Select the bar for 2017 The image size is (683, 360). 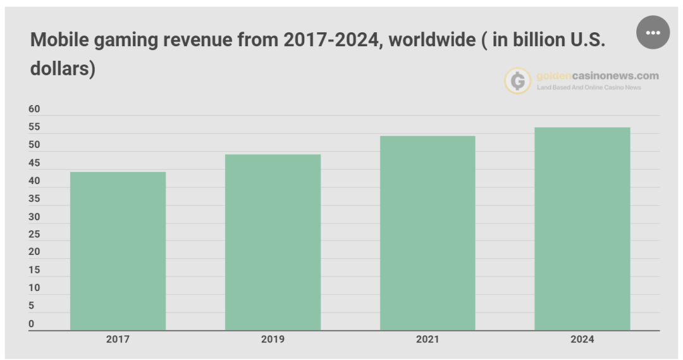coord(118,251)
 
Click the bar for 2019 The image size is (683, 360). coord(273,242)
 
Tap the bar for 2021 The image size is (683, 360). coord(428,233)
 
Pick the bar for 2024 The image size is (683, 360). coord(582,228)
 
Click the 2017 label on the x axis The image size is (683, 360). coord(118,340)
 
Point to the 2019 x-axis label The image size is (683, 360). coord(273,340)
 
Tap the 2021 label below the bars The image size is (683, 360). coord(428,340)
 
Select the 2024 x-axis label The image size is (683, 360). coord(582,340)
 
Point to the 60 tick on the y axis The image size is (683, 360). coord(34,109)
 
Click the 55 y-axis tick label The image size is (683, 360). coord(34,127)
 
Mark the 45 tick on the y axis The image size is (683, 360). coord(34,163)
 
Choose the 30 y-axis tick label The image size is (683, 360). coord(34,216)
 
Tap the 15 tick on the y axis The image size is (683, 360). coord(34,270)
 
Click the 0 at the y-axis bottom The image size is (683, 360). coord(32,324)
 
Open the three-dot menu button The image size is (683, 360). coord(653,32)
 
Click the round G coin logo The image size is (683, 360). coord(517,81)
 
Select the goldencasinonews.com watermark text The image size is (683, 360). coord(597,76)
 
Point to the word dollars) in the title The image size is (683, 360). coord(63,68)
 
